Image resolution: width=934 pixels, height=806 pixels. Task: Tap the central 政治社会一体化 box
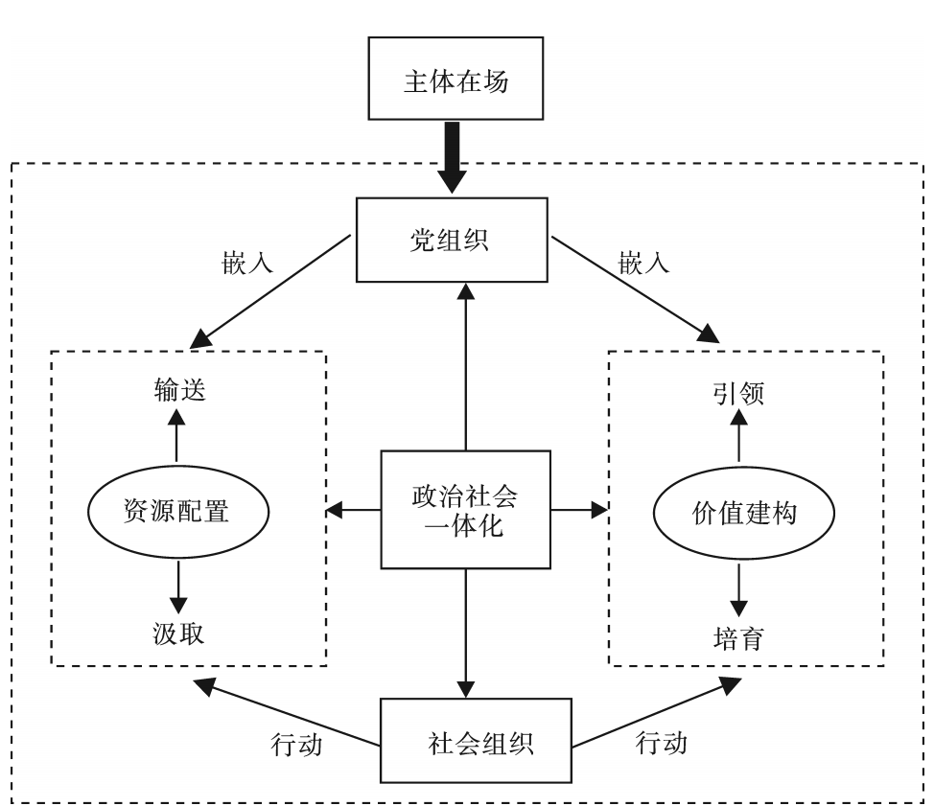(x=466, y=509)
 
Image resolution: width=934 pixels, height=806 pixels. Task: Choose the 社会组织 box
(x=466, y=742)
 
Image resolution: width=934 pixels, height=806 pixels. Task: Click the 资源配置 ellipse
(x=176, y=510)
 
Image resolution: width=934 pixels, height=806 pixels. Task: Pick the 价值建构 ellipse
(x=738, y=510)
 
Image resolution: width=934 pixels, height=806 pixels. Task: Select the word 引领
(x=738, y=393)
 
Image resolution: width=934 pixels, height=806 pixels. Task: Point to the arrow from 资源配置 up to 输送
(x=176, y=437)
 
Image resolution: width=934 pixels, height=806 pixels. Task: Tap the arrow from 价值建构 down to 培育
(x=738, y=585)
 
